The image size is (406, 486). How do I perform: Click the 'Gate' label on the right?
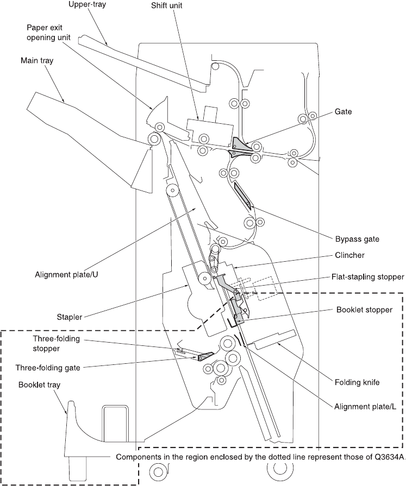[343, 112]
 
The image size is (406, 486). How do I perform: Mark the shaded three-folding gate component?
[205, 356]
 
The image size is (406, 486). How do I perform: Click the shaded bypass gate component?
[242, 195]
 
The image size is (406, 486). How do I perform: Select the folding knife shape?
[275, 339]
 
